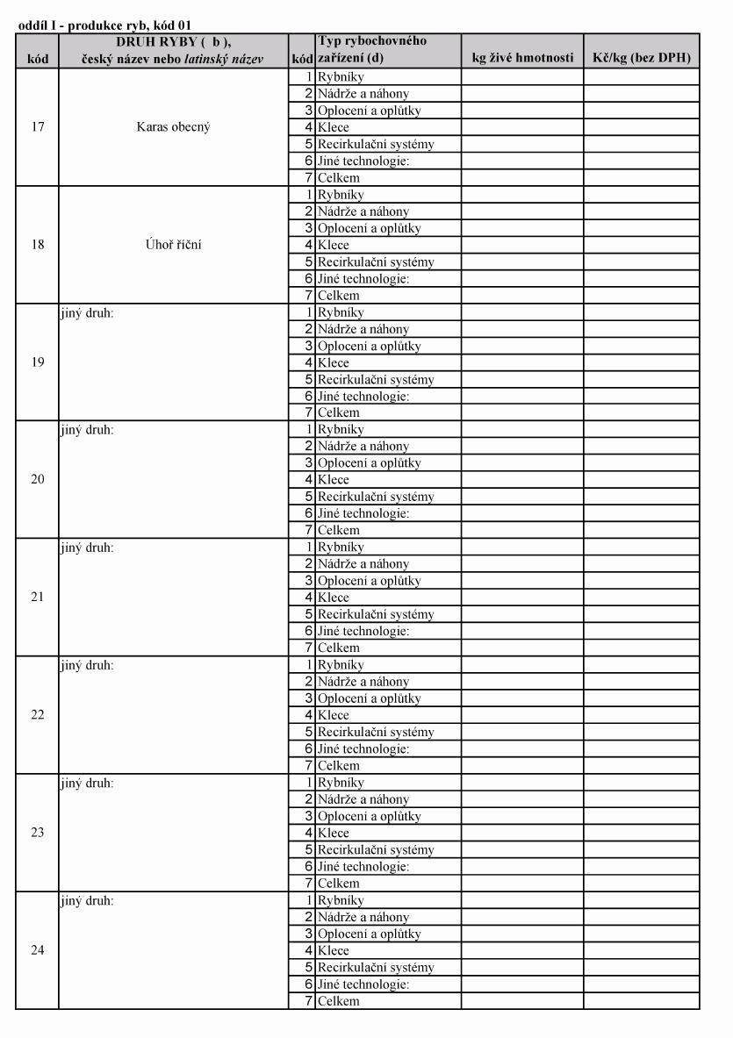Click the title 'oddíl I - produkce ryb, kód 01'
[104, 26]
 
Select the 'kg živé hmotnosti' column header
[522, 59]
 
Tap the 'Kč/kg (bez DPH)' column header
[641, 59]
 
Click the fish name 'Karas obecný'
[173, 127]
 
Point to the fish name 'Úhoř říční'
[173, 245]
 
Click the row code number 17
[37, 127]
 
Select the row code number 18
[37, 245]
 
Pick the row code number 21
[37, 598]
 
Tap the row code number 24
[37, 950]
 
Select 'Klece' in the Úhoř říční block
[334, 245]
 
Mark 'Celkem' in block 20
[339, 530]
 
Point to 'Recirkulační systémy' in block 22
[376, 732]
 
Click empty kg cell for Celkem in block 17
[522, 177]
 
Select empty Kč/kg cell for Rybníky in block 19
[641, 312]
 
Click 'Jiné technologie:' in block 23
[363, 867]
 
